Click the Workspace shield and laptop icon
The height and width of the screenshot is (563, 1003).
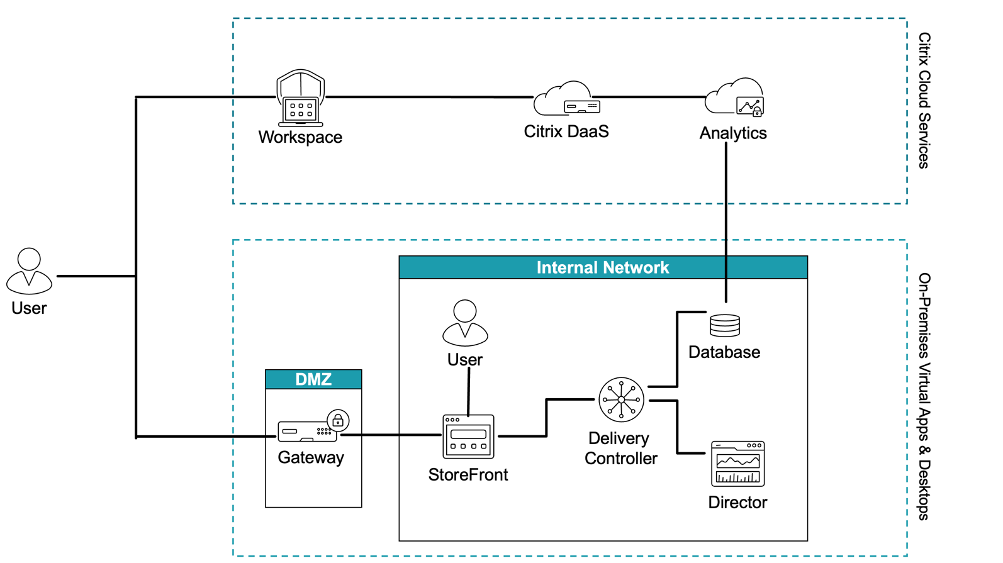[x=301, y=98]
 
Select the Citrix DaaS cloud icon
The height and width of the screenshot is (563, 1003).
[x=566, y=99]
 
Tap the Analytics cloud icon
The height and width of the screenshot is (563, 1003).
[x=734, y=98]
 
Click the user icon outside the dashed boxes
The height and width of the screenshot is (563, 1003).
[x=29, y=271]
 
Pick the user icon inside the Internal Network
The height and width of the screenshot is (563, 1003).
[x=465, y=323]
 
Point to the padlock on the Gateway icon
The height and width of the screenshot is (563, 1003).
[x=339, y=420]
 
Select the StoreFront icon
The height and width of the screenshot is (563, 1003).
[x=468, y=436]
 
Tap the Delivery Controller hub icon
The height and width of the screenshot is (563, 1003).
[x=621, y=399]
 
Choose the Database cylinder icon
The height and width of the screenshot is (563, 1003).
[x=725, y=325]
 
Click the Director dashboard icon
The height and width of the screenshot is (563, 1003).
[x=737, y=464]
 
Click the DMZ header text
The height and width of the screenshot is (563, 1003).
[x=313, y=379]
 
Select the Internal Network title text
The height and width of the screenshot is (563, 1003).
[x=602, y=268]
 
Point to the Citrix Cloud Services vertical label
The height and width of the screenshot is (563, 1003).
[x=924, y=101]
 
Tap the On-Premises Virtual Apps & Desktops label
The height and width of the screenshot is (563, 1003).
[x=924, y=396]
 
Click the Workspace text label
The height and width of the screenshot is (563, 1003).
[x=300, y=137]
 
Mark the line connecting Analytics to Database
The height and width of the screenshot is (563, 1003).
[x=726, y=220]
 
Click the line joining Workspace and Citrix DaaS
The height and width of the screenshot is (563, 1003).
[x=428, y=97]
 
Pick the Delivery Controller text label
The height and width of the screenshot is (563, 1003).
[x=620, y=449]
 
